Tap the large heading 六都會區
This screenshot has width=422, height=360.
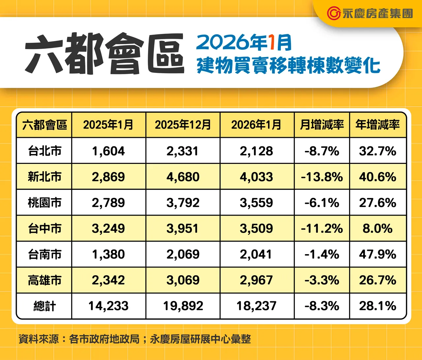pyautogui.click(x=104, y=53)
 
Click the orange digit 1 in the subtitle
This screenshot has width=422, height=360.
pyautogui.click(x=272, y=43)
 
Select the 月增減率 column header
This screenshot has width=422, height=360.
pyautogui.click(x=322, y=125)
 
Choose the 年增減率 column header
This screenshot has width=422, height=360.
pyautogui.click(x=377, y=125)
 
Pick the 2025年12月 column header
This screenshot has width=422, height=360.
pyautogui.click(x=183, y=125)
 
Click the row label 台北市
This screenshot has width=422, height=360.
pyautogui.click(x=45, y=151)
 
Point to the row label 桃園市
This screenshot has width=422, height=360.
pyautogui.click(x=45, y=203)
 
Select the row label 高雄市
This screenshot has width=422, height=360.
pyautogui.click(x=45, y=281)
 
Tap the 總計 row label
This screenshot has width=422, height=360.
pyautogui.click(x=45, y=306)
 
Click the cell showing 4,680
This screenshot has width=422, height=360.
pyautogui.click(x=183, y=177)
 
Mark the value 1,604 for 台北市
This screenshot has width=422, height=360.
pyautogui.click(x=108, y=151)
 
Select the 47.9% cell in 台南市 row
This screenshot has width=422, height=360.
pyautogui.click(x=377, y=255)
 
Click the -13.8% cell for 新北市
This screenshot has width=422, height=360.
pyautogui.click(x=322, y=177)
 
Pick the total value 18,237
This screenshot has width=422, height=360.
pyautogui.click(x=256, y=306)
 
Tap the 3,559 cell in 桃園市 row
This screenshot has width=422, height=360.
pyautogui.click(x=256, y=203)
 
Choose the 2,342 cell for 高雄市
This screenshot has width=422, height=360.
pyautogui.click(x=108, y=281)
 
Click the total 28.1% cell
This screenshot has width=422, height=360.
pyautogui.click(x=377, y=306)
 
